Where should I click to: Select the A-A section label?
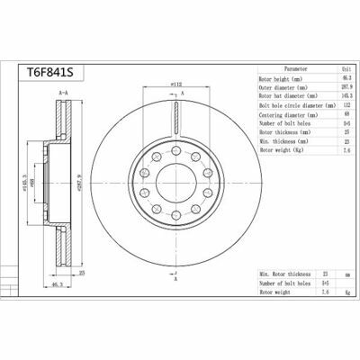click(62, 93)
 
